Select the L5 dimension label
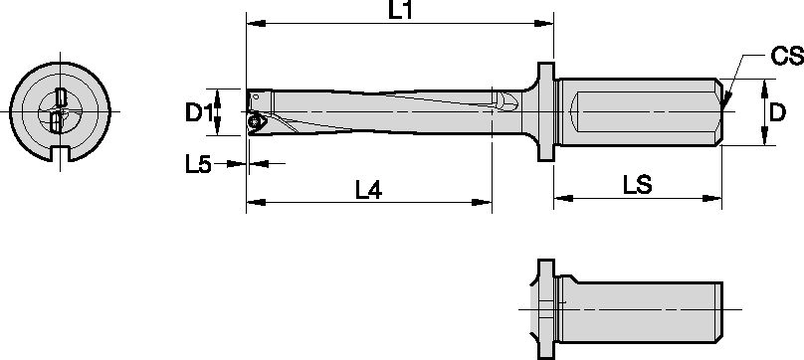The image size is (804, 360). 198,164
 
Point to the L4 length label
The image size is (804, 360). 368,190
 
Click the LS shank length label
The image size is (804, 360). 638,186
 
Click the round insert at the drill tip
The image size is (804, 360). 255,121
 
